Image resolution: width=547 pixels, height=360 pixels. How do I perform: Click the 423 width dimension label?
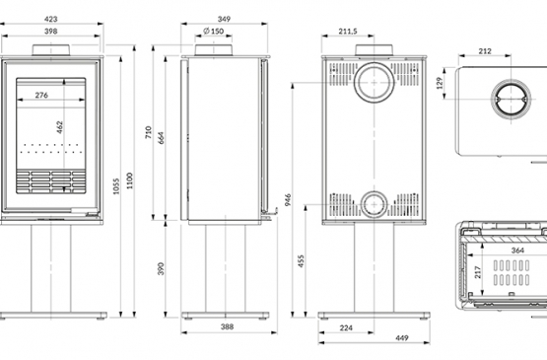51,19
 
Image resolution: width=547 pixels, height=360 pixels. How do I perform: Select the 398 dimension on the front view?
51,32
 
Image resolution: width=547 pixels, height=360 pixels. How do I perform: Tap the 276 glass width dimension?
41,95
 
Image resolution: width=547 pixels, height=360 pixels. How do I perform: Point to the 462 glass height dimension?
60,127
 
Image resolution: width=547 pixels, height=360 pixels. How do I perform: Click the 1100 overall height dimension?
130,180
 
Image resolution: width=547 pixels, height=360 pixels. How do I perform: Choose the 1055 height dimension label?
116,186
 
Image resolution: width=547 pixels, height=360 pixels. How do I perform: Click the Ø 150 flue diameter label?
214,32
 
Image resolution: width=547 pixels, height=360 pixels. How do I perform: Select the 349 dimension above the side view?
224,19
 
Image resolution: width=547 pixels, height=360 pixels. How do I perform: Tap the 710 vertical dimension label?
148,132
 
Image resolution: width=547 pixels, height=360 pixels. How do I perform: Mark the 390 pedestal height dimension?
161,268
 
